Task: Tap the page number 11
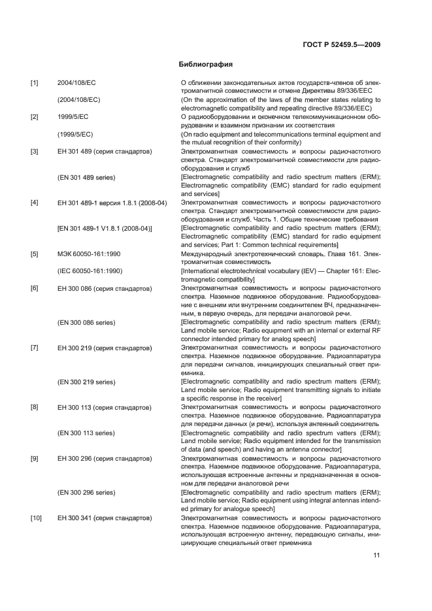[x=376, y=555]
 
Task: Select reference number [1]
[x=34, y=83]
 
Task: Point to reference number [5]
[x=34, y=253]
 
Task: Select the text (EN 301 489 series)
[x=86, y=176]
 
